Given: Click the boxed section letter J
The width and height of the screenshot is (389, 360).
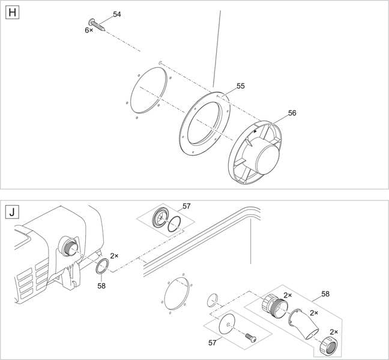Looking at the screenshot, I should (x=11, y=212).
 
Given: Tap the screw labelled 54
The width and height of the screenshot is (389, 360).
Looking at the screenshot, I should (x=98, y=25).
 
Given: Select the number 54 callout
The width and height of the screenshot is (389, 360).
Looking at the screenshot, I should (x=117, y=14).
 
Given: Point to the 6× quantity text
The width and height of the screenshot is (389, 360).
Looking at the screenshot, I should (x=89, y=29).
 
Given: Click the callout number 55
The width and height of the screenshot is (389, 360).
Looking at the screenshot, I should (x=240, y=86).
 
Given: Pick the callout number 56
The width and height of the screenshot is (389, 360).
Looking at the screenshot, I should (x=292, y=113).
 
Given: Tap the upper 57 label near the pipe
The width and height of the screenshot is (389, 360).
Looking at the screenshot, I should (x=187, y=206).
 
